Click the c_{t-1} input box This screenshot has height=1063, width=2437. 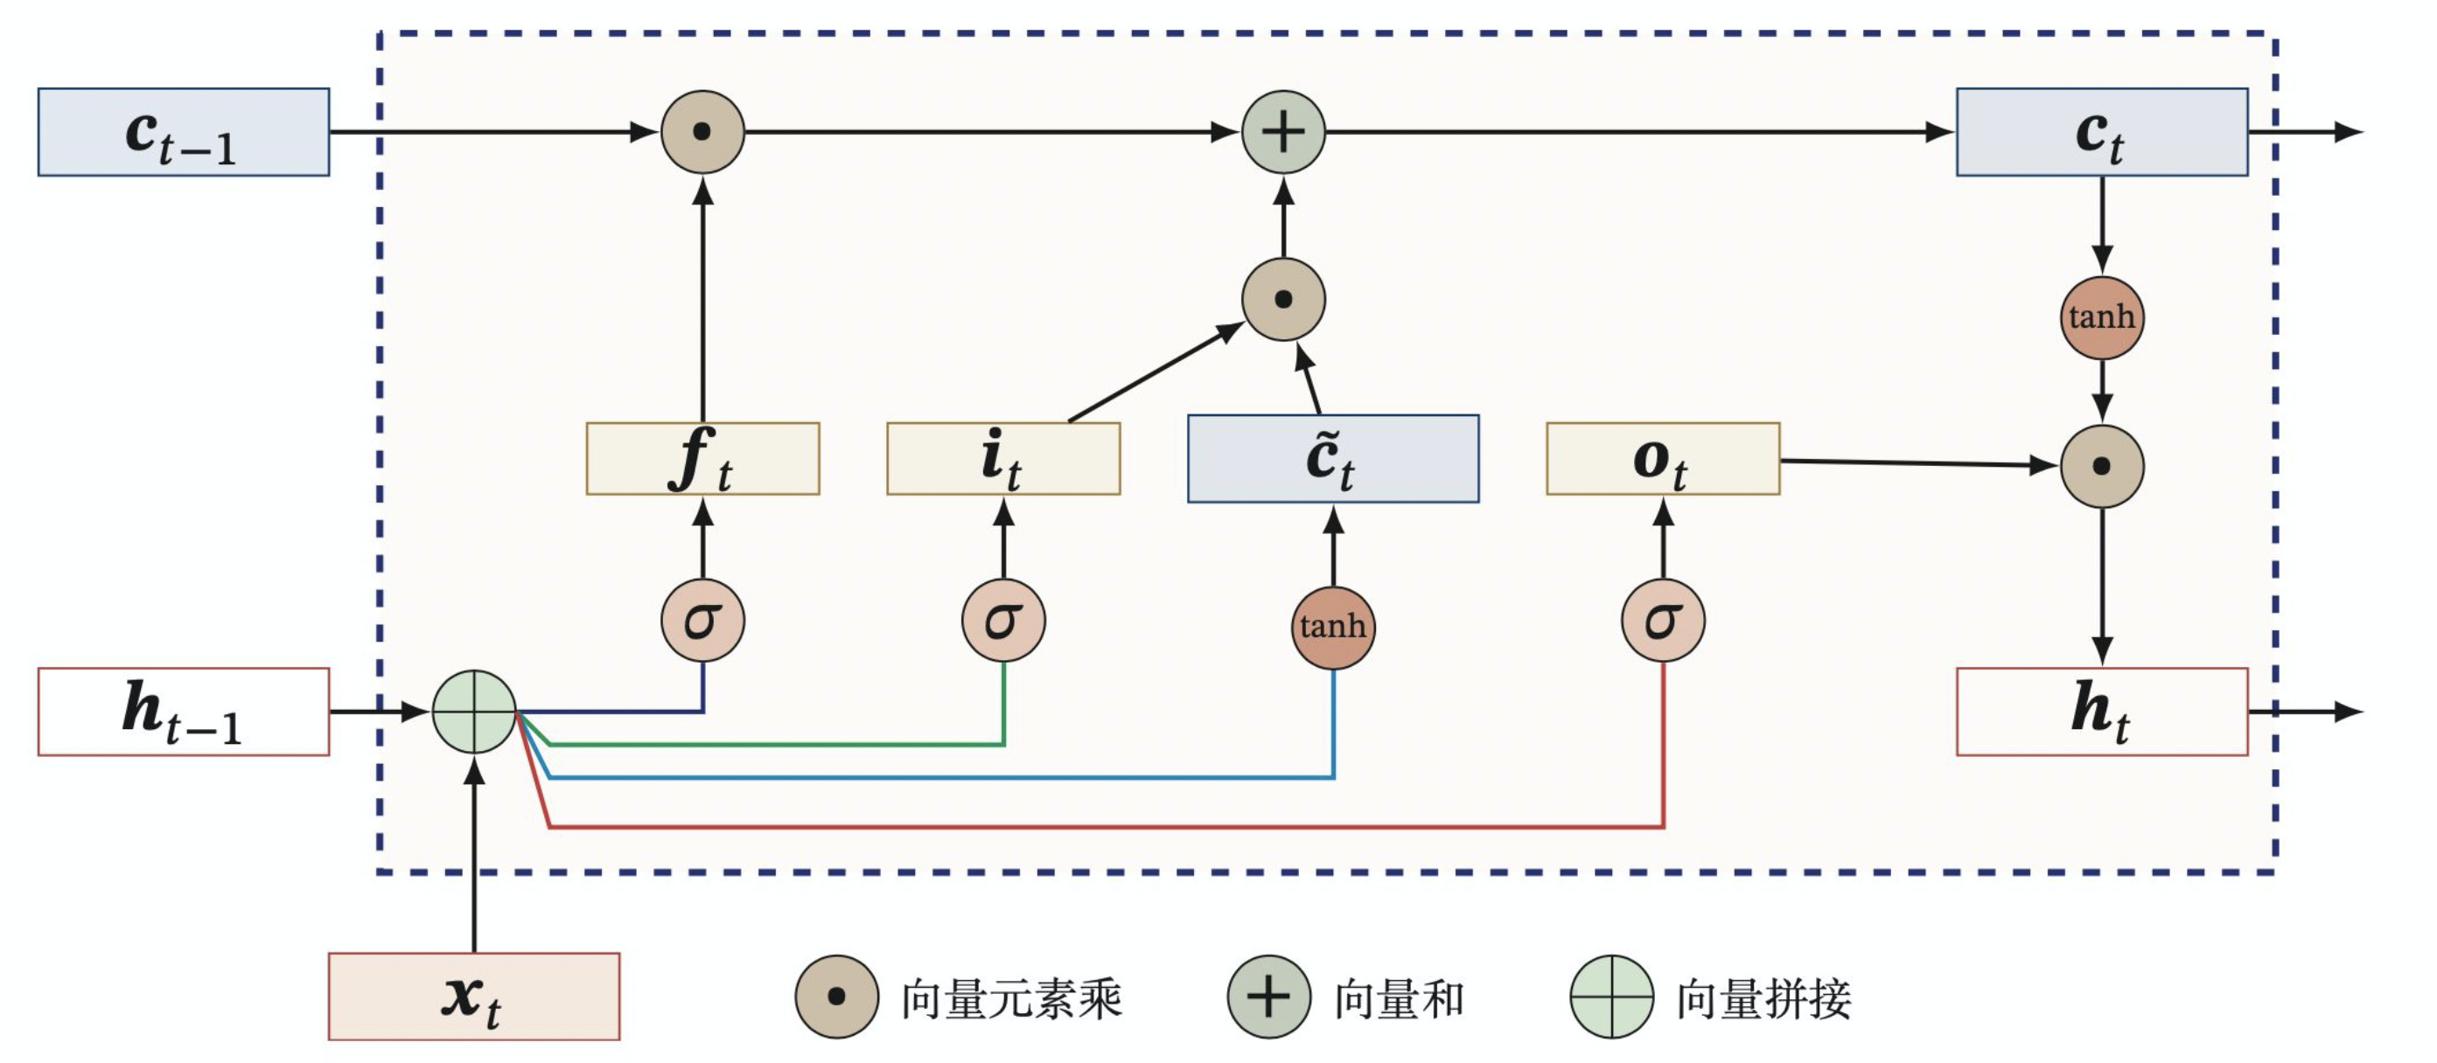pos(184,132)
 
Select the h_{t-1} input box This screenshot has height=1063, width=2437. pos(184,712)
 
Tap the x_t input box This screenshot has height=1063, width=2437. pos(474,997)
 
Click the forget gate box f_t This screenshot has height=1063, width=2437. pos(703,459)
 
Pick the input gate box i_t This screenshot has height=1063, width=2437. pos(1003,459)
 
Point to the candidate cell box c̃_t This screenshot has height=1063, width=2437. pos(1333,459)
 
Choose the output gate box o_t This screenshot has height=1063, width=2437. pos(1663,459)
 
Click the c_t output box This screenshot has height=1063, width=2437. pos(2102,132)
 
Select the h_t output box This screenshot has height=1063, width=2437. pos(2102,712)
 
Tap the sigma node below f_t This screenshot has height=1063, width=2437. pos(703,622)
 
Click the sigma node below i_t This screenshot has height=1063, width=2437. pos(1003,622)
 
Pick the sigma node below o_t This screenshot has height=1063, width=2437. pos(1663,622)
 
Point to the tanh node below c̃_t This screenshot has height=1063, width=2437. pos(1333,627)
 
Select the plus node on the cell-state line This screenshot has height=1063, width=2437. pos(1284,132)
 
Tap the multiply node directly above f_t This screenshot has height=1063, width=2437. pos(703,132)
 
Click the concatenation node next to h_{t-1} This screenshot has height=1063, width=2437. pos(474,712)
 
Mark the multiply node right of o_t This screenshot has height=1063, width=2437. pos(2102,466)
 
